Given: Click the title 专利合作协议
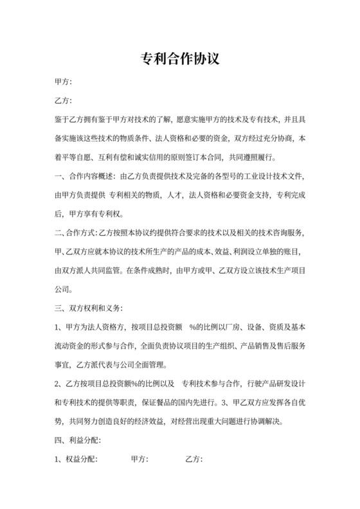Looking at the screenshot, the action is (x=180, y=59).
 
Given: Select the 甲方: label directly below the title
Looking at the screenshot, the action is (x=63, y=82).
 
